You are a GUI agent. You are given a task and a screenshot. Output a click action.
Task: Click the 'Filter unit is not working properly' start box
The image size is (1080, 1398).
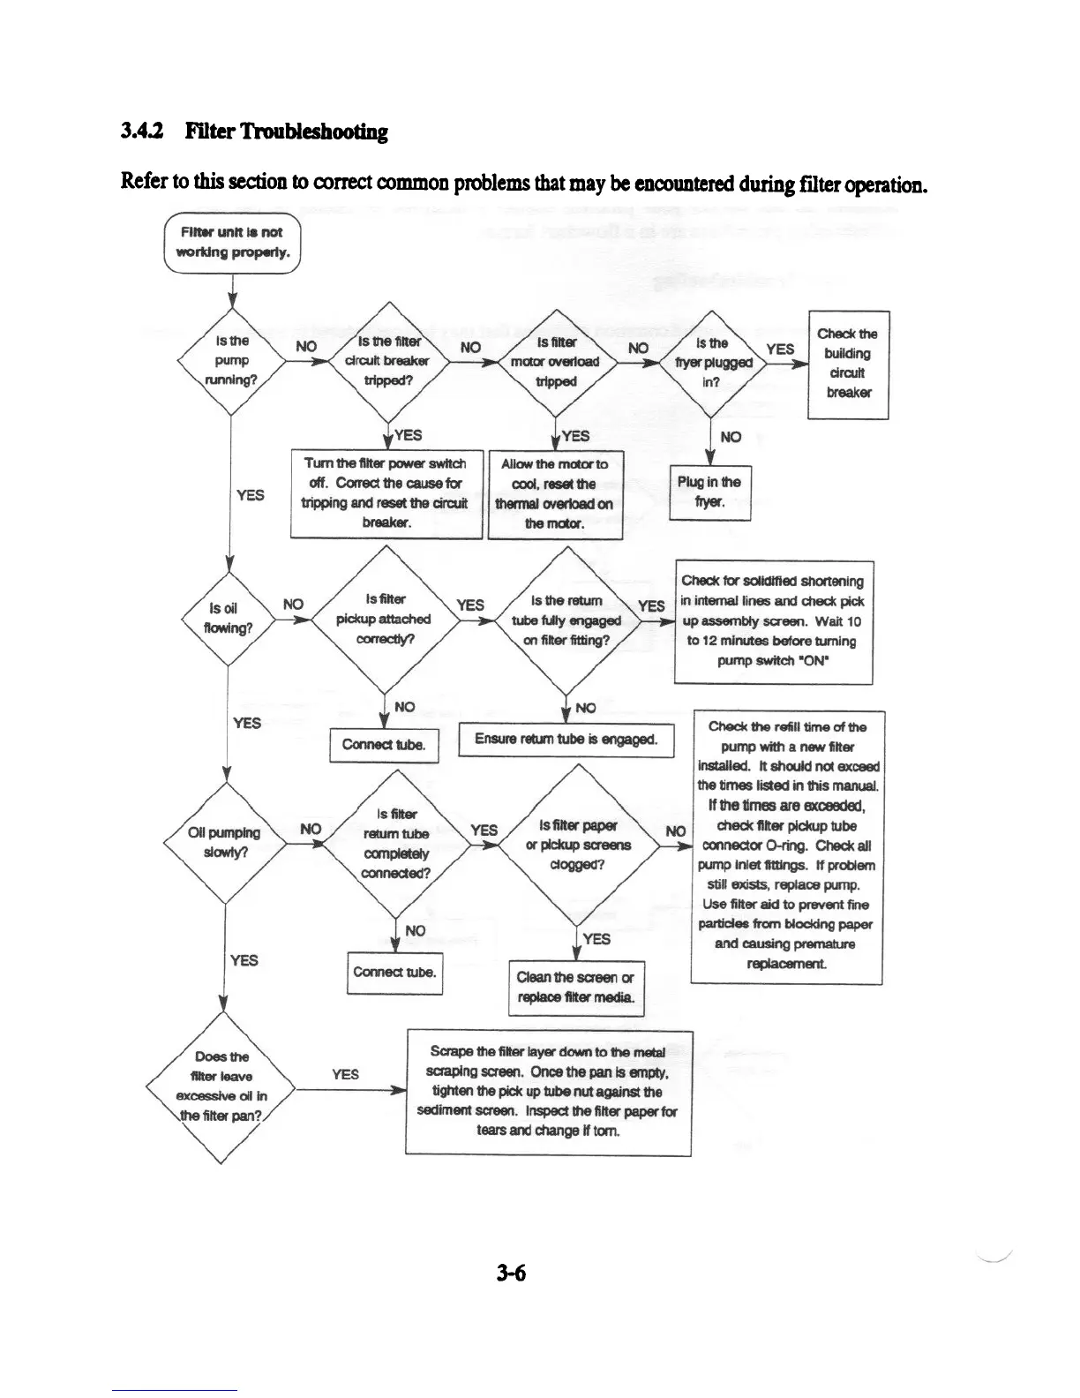[231, 243]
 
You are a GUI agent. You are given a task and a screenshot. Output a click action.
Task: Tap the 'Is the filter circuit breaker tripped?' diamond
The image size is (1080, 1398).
[388, 361]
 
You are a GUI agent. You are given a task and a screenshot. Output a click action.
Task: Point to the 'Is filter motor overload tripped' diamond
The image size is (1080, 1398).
[557, 361]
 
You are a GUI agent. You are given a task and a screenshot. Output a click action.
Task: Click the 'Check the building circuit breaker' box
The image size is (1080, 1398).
[848, 364]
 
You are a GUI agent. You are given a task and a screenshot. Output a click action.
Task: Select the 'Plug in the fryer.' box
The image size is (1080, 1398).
[709, 492]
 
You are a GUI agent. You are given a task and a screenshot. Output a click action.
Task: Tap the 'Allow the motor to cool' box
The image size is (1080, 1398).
[555, 493]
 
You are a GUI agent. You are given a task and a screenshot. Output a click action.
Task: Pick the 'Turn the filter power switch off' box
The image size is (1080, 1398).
[386, 493]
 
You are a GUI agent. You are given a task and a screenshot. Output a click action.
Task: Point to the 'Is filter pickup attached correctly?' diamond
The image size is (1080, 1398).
[384, 619]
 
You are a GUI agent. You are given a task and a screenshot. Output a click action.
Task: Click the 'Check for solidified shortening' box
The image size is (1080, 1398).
[773, 621]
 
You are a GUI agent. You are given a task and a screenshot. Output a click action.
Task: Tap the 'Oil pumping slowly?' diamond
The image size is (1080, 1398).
[225, 842]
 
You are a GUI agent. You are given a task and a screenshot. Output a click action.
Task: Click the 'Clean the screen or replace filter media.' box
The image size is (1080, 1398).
[577, 987]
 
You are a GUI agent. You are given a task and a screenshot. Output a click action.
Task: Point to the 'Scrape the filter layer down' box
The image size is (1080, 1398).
[548, 1092]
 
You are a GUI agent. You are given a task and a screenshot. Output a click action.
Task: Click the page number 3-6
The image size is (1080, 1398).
[511, 1273]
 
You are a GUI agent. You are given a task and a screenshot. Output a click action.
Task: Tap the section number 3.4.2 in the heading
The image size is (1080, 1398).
[146, 132]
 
